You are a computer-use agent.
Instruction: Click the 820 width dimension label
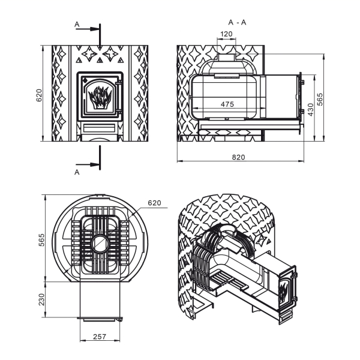click(239, 157)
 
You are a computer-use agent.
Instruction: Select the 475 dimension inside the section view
click(227, 104)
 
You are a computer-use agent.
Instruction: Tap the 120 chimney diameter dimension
click(226, 34)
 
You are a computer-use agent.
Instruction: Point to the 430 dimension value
click(310, 110)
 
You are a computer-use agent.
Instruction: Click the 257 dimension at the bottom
click(100, 337)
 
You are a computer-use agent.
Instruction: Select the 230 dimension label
click(41, 299)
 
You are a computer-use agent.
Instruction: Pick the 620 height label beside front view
click(39, 95)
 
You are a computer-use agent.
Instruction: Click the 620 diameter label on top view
click(155, 203)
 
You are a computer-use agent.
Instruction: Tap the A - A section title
click(238, 22)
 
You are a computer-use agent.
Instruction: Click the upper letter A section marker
click(77, 24)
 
